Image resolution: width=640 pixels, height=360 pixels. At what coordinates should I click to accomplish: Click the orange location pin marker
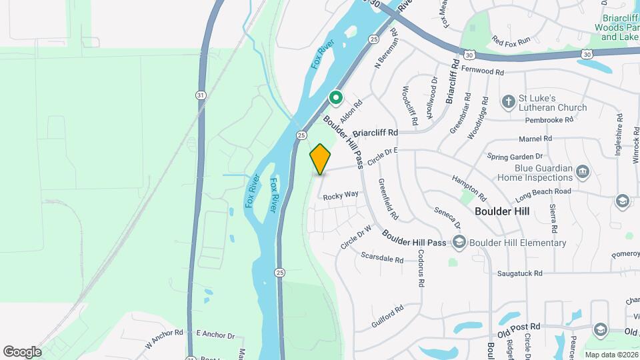tap(321, 159)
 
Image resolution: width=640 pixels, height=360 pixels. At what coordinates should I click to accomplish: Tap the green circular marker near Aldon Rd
tap(336, 99)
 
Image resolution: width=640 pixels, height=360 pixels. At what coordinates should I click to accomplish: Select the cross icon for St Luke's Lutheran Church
tap(509, 102)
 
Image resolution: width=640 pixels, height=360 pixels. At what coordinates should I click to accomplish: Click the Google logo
tap(22, 351)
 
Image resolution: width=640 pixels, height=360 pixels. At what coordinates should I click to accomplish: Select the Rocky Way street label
tap(341, 196)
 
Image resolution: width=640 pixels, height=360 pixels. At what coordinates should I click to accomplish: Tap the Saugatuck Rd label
tap(519, 273)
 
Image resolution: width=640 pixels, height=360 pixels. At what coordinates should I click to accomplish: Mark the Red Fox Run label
tap(510, 41)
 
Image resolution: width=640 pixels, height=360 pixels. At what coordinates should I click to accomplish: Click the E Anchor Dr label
tap(215, 336)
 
